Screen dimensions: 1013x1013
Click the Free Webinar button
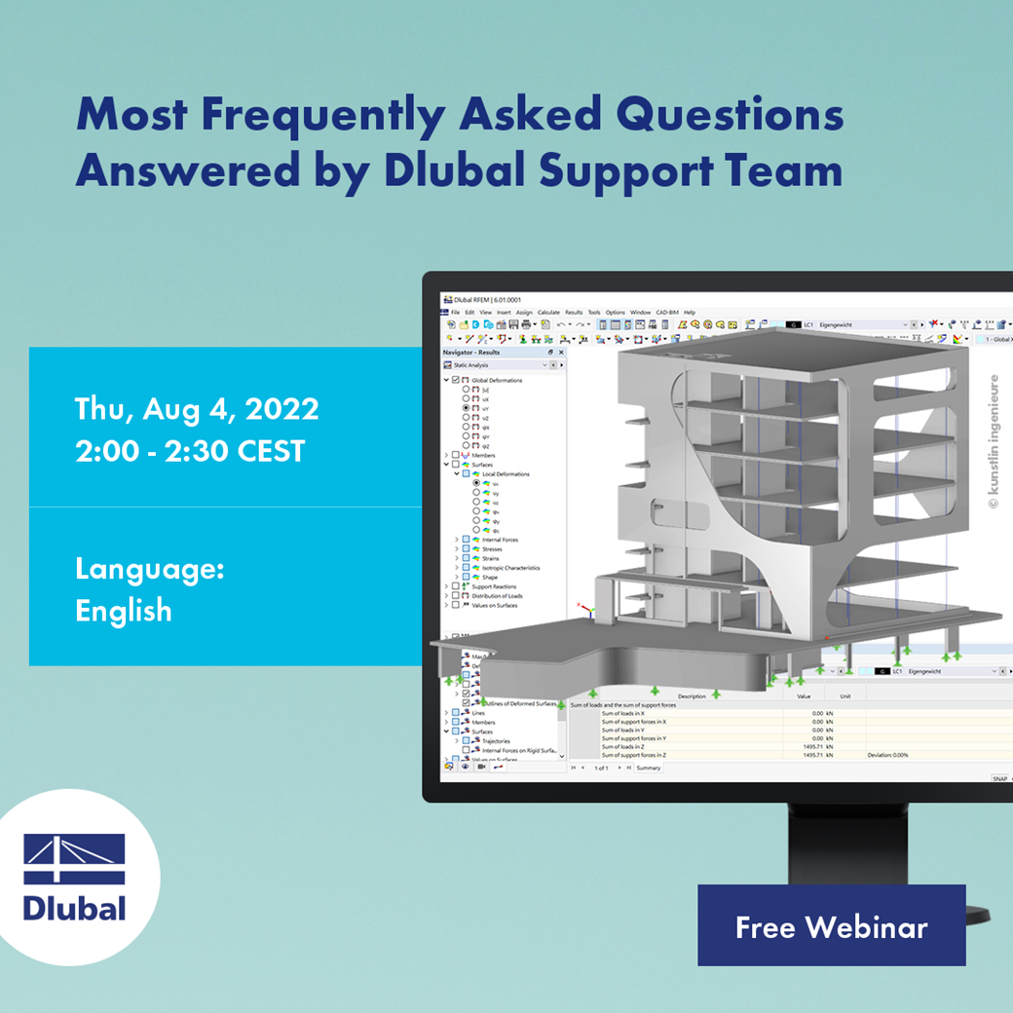tap(831, 926)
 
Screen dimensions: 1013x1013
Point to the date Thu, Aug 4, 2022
tap(197, 409)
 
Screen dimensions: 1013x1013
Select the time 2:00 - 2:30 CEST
tap(190, 451)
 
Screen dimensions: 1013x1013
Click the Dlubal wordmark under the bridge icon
tap(74, 908)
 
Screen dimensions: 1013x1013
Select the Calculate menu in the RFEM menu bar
tap(548, 313)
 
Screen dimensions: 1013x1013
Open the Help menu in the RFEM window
tap(690, 313)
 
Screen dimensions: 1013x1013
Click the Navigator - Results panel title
tap(471, 352)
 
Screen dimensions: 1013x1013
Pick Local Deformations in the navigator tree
tap(506, 474)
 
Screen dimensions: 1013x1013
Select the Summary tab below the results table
tap(648, 768)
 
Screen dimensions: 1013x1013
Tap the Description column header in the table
tap(692, 696)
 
